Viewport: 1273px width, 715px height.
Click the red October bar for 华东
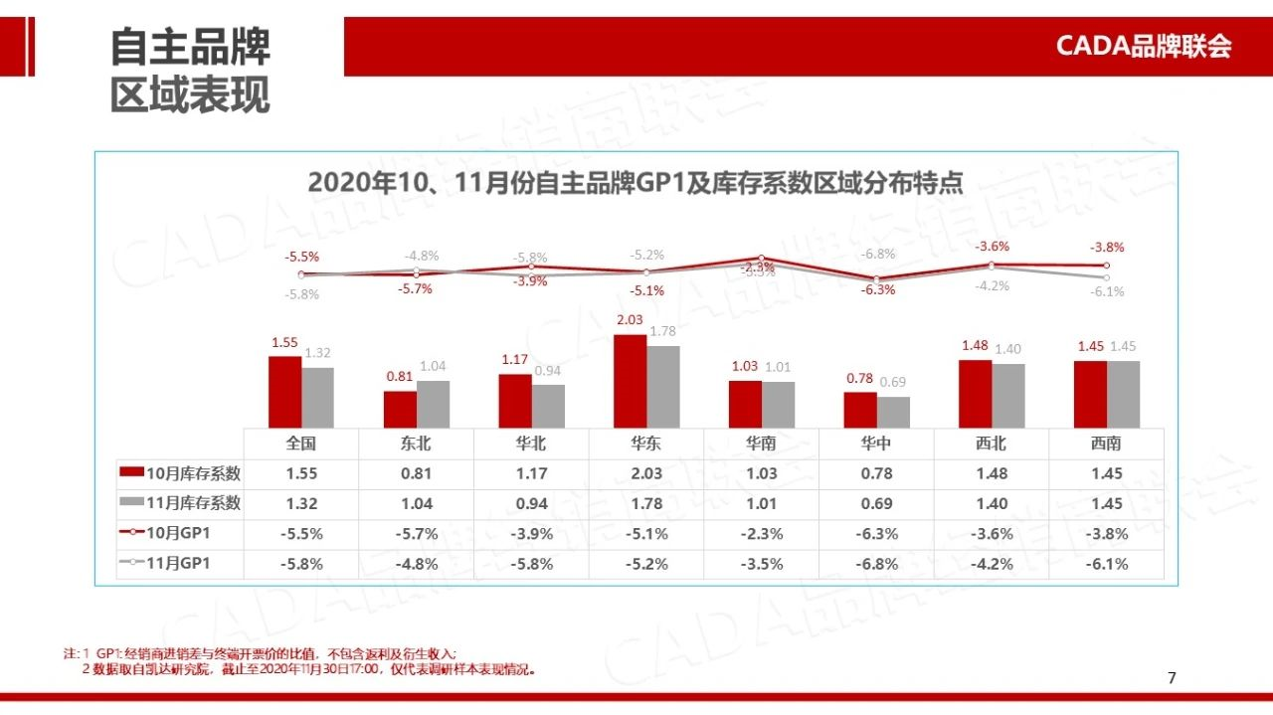630,381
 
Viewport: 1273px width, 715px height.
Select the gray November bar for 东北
433,404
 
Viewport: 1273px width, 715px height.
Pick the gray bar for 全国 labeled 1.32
317,397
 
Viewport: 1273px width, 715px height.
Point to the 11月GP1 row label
180,564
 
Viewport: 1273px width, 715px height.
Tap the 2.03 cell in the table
645,473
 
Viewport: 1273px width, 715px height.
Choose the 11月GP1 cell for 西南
1106,564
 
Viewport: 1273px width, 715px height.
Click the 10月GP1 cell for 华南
761,534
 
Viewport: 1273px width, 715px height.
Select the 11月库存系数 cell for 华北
531,503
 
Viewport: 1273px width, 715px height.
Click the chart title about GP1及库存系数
636,183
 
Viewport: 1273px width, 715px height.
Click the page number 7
1172,678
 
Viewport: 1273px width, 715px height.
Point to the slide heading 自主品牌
190,47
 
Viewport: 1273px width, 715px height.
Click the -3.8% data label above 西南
1106,248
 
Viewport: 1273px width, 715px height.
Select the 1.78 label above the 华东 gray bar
662,331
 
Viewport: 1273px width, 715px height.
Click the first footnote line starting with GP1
269,653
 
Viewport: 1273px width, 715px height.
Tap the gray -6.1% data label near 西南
1106,291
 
